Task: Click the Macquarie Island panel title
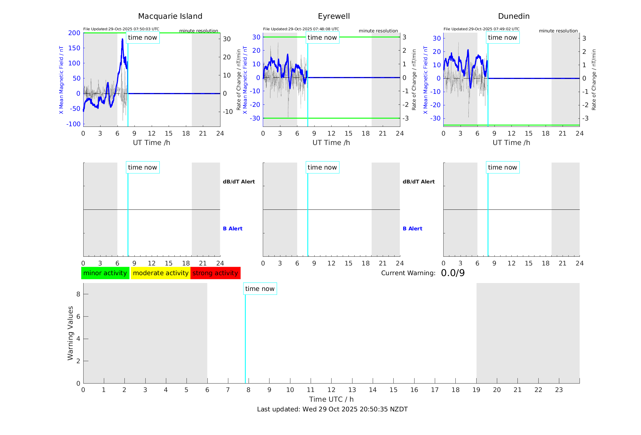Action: [x=170, y=16]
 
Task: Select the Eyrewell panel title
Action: [x=334, y=16]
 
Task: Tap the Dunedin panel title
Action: [x=514, y=16]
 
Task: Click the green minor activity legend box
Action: [x=105, y=273]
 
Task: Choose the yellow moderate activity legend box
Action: [x=160, y=273]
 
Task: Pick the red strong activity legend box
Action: [x=215, y=273]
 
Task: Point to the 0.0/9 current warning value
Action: [x=453, y=273]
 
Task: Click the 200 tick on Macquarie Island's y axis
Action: [x=74, y=33]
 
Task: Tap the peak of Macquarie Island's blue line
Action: [x=122, y=39]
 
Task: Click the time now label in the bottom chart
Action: [x=260, y=289]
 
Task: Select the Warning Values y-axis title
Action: [x=70, y=333]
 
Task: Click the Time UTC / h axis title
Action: [x=331, y=399]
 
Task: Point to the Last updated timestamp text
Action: [x=332, y=409]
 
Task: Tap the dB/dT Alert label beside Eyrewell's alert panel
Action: [x=418, y=182]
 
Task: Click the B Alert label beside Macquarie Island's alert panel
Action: [x=233, y=229]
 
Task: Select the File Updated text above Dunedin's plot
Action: [x=481, y=29]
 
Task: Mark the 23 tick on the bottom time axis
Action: [x=559, y=390]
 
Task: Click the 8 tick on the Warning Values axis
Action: [x=78, y=294]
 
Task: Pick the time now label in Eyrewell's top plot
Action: [x=322, y=38]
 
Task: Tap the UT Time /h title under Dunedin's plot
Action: [x=511, y=143]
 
